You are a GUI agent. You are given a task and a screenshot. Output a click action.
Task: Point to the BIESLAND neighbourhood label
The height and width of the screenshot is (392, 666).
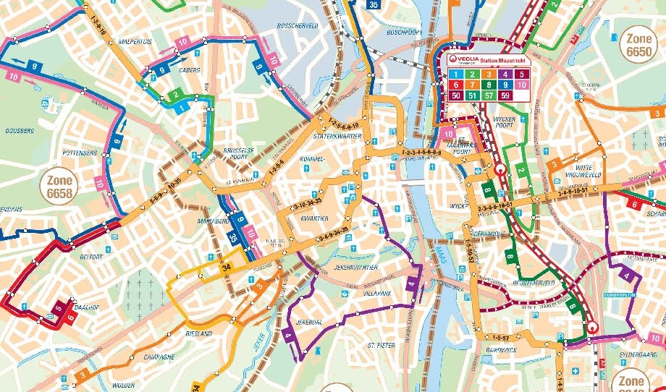[x=198, y=333]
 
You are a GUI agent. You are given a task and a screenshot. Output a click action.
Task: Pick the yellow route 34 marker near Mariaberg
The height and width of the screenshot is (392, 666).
[x=227, y=270]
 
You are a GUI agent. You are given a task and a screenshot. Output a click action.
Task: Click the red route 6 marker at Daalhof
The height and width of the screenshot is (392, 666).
[x=71, y=316]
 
